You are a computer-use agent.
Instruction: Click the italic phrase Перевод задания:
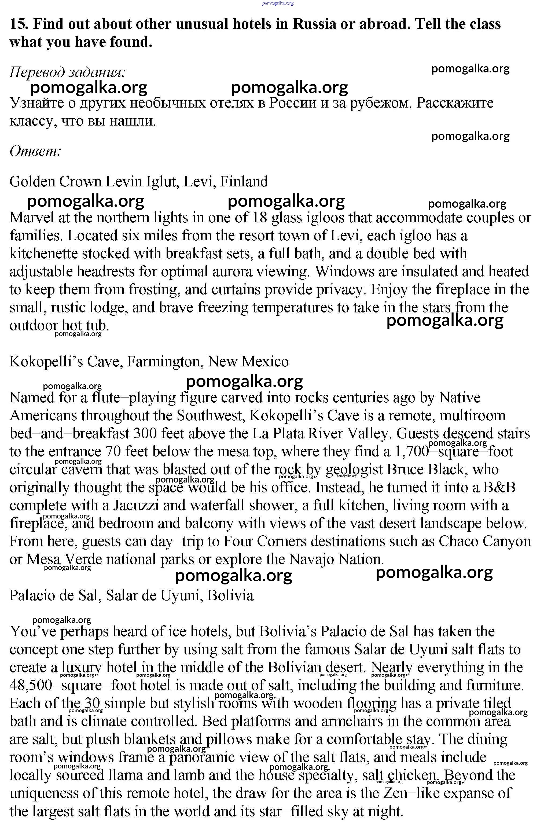click(x=67, y=72)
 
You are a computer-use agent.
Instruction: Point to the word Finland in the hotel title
click(x=244, y=182)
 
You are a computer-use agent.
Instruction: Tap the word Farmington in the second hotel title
click(x=165, y=362)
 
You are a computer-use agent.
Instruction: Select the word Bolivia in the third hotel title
click(x=230, y=595)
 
